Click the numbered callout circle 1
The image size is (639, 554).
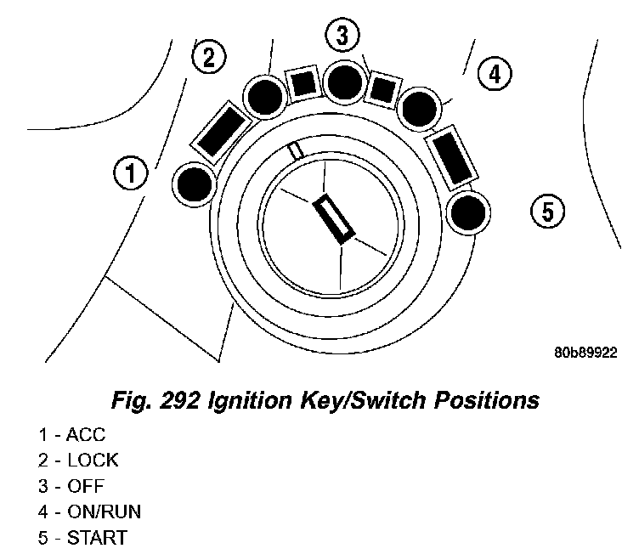coord(129,174)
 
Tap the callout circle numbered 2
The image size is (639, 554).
coord(209,58)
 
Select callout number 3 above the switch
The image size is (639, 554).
coord(342,37)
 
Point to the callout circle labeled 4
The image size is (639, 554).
coord(494,75)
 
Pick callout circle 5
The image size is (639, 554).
coord(547,210)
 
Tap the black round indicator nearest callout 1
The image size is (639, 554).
coord(195,184)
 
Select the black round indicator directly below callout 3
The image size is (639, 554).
coord(345,82)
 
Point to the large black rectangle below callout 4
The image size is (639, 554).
coord(450,153)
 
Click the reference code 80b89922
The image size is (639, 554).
coord(585,351)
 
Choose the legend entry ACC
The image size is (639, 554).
coord(85,436)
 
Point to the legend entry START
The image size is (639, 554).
coord(96,538)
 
